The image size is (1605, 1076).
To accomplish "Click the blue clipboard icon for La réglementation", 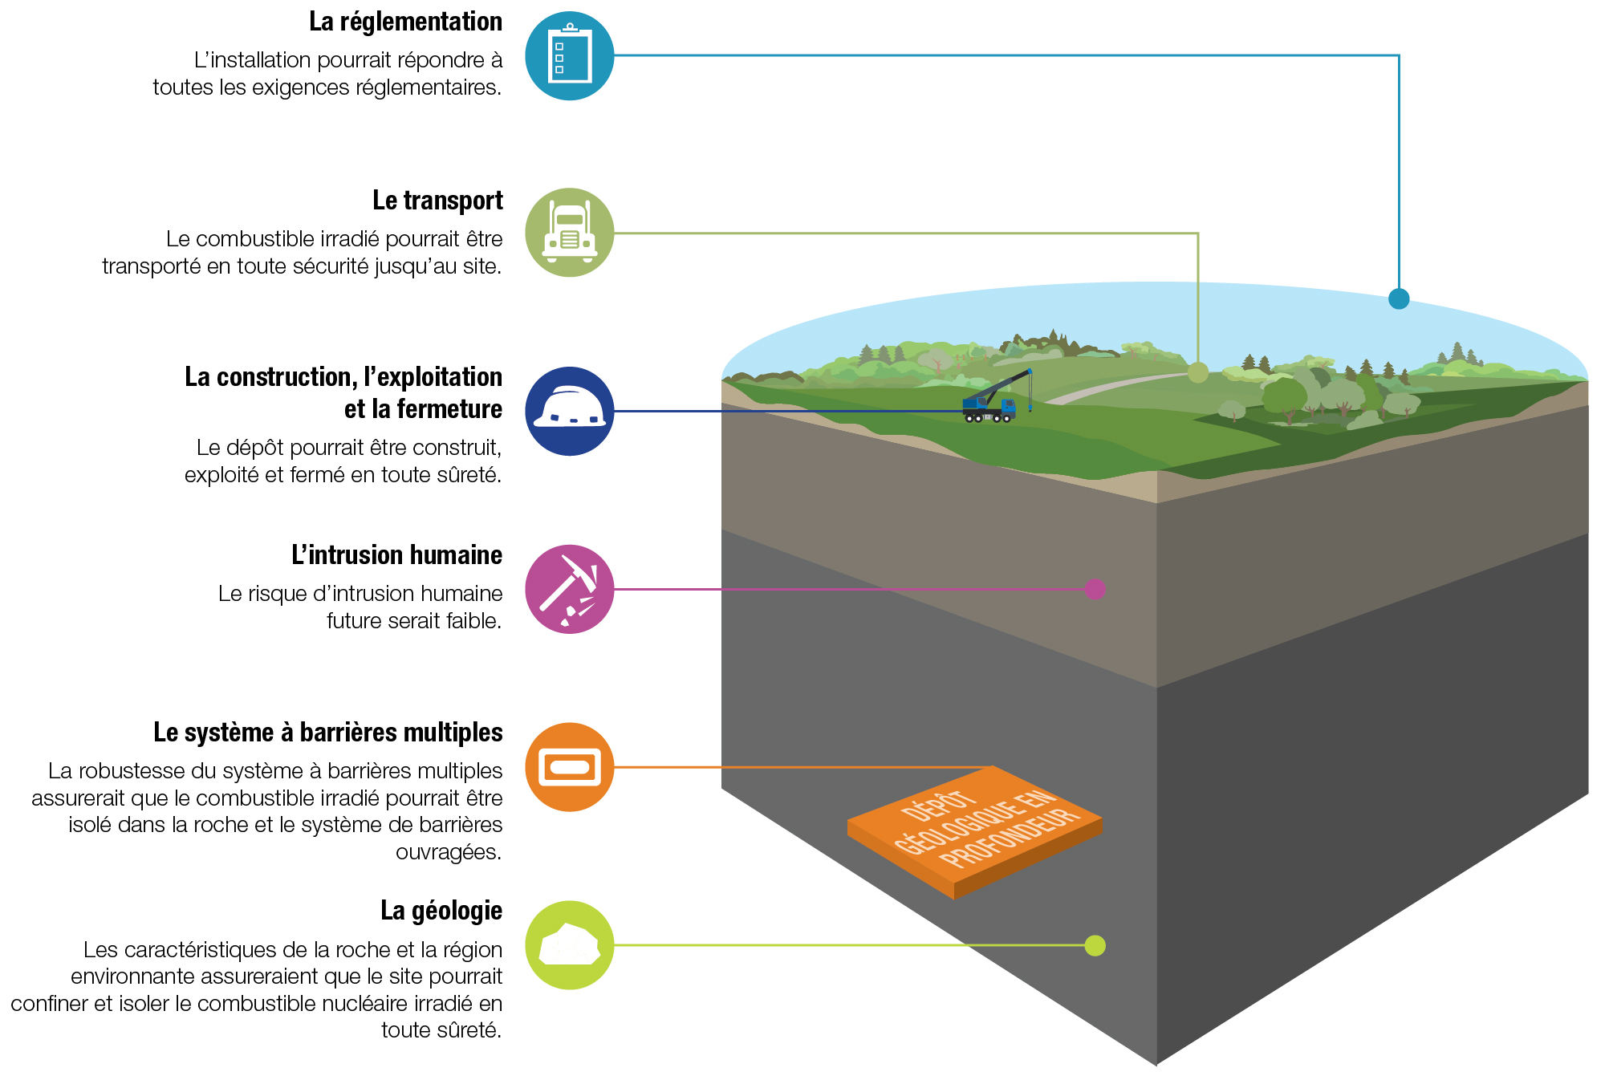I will tap(569, 56).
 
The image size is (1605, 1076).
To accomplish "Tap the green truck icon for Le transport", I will tap(569, 233).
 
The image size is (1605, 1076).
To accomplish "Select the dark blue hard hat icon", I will tap(569, 411).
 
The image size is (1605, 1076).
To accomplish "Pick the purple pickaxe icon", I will tap(569, 589).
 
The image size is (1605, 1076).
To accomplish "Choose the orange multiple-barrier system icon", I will tap(569, 767).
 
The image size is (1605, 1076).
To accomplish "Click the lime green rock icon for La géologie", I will tap(569, 945).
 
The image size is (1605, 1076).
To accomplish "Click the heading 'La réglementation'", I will tap(405, 22).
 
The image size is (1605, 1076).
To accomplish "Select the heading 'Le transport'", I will tap(437, 201).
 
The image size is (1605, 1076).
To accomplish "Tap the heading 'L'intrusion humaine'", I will tap(396, 555).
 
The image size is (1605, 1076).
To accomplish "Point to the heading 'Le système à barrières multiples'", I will tap(327, 733).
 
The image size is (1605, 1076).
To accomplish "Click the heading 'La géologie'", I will tap(441, 911).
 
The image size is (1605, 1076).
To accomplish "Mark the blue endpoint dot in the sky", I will tap(1399, 298).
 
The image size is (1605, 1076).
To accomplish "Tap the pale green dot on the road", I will tap(1197, 372).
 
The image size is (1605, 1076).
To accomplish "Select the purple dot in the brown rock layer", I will tap(1095, 589).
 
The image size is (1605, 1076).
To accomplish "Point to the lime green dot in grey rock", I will tap(1095, 945).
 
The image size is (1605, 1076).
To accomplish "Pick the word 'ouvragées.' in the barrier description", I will tap(448, 852).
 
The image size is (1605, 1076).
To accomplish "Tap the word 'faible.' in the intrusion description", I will tap(471, 621).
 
